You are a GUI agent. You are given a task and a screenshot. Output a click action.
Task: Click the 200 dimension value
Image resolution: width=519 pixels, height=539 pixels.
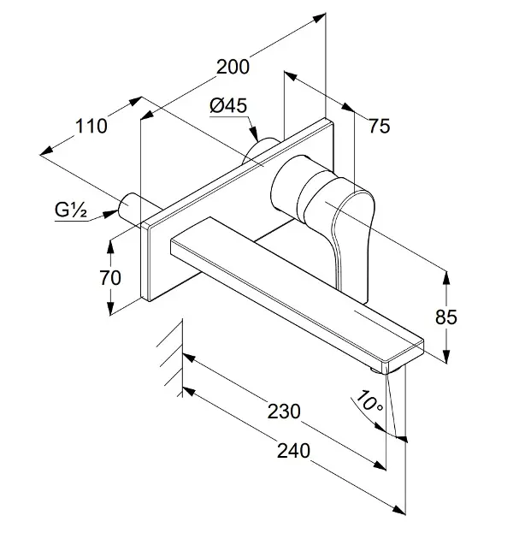tap(233, 67)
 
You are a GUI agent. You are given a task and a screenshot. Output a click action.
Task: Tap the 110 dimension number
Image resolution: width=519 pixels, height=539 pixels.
tap(91, 126)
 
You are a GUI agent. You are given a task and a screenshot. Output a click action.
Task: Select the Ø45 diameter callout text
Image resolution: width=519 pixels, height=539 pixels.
tap(228, 106)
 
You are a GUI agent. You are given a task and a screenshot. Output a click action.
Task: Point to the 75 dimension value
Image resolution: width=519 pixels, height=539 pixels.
tap(379, 126)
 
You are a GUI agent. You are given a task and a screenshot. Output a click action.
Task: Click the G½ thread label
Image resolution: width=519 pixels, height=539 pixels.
tap(70, 210)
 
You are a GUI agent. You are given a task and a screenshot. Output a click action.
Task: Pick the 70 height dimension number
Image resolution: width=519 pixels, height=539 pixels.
tap(110, 278)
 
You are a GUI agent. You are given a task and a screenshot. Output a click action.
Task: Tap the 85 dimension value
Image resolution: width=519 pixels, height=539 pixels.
tap(445, 317)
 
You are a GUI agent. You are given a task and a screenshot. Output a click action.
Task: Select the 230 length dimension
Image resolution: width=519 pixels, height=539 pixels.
tap(284, 412)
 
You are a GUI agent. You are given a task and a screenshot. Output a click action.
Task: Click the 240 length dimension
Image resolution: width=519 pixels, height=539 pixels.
tap(293, 451)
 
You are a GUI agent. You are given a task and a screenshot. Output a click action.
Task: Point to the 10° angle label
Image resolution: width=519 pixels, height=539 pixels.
tap(369, 401)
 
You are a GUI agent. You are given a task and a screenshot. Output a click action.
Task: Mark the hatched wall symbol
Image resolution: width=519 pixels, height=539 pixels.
tap(170, 358)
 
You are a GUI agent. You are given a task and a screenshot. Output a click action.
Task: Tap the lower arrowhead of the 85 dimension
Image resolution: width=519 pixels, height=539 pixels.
tap(445, 356)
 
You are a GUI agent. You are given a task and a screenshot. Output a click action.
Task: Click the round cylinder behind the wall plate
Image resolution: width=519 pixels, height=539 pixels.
tap(260, 151)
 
